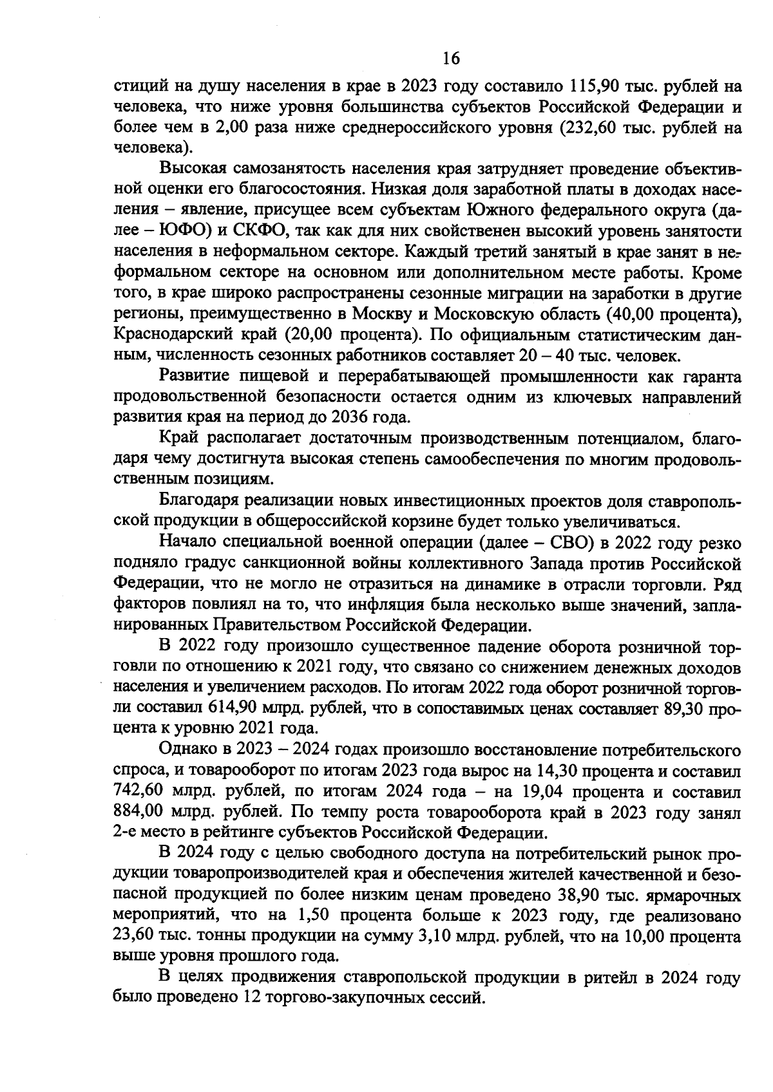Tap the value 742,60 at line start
tap(137, 791)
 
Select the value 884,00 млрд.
tap(137, 812)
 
